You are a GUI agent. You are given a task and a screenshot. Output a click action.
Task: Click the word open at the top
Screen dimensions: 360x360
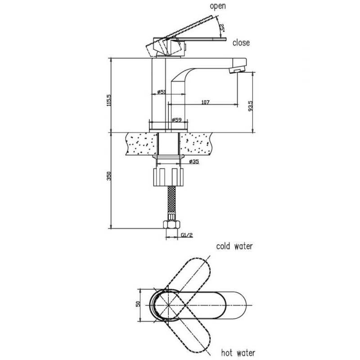click(x=218, y=6)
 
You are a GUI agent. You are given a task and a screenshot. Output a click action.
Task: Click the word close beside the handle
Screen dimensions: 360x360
click(x=241, y=43)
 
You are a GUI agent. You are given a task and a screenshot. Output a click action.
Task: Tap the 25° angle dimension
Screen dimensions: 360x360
click(x=222, y=27)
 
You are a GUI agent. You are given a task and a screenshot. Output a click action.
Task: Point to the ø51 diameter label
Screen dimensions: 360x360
click(x=162, y=92)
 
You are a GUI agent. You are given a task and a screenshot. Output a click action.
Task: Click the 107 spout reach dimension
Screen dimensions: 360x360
click(x=205, y=102)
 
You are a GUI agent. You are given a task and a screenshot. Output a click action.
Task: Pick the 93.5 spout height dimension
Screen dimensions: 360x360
click(x=250, y=106)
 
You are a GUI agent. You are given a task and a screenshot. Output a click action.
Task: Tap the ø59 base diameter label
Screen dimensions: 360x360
click(x=176, y=120)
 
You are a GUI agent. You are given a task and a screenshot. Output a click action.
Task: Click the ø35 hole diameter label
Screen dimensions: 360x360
click(x=194, y=162)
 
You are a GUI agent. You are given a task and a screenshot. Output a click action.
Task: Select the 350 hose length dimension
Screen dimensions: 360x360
click(x=109, y=176)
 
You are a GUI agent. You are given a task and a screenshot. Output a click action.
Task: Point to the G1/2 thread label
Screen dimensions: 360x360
click(x=187, y=235)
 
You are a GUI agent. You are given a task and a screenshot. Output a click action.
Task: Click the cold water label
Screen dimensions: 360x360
click(x=234, y=246)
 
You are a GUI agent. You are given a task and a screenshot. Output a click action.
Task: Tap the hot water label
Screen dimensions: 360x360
click(x=238, y=353)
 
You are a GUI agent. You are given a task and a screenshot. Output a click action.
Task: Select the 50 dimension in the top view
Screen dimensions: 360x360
click(x=138, y=304)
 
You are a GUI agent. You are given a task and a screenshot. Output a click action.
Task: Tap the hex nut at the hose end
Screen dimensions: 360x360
click(x=171, y=225)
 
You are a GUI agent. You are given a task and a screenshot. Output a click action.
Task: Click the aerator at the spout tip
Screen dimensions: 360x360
click(x=237, y=69)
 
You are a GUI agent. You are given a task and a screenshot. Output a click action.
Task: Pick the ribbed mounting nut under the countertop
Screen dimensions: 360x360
click(x=168, y=177)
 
